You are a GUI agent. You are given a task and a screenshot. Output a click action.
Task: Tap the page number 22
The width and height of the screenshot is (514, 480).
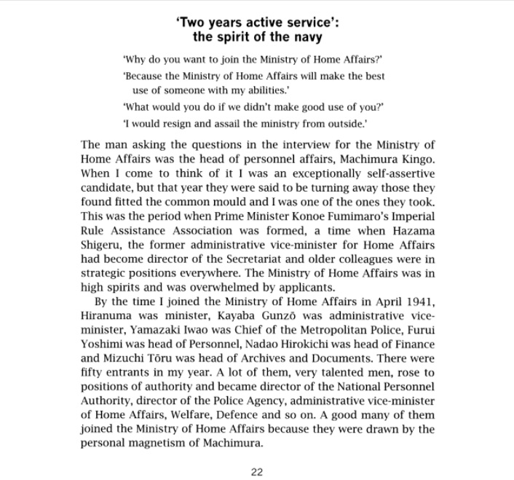(256, 471)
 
